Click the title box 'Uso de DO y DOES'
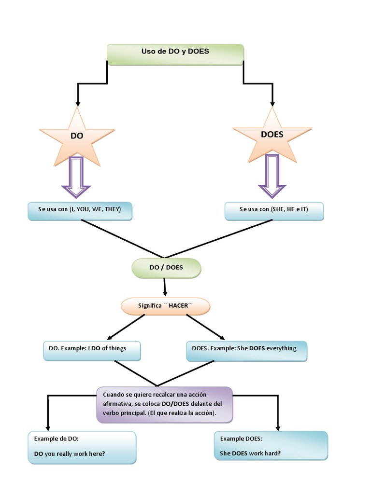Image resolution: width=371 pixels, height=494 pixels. (175, 54)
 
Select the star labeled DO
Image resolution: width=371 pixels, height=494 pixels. (77, 137)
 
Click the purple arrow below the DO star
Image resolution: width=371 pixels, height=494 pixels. (76, 177)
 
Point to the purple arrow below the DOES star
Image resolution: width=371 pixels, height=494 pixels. (272, 177)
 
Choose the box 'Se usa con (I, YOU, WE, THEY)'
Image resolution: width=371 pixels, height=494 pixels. (80, 211)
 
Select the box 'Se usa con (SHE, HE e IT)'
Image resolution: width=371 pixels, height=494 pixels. (273, 211)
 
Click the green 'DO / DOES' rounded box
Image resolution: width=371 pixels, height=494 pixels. (166, 268)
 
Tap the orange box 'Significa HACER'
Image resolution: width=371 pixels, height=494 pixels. (165, 306)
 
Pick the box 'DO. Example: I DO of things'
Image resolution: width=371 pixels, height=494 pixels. (92, 350)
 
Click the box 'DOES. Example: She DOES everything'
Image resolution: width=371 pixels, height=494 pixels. (246, 350)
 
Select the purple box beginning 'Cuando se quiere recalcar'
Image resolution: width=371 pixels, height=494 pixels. (164, 404)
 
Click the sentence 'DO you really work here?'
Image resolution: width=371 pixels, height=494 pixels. (70, 454)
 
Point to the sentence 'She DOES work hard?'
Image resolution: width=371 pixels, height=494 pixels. (250, 453)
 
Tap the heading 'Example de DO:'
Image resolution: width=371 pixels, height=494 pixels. (56, 439)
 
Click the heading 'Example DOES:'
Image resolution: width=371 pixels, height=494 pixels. (242, 439)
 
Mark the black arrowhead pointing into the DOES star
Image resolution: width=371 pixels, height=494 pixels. (272, 102)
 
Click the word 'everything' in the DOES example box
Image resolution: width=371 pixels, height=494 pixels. (280, 348)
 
